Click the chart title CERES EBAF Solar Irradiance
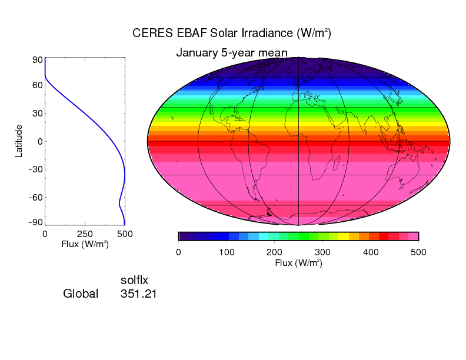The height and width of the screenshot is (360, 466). click(x=232, y=33)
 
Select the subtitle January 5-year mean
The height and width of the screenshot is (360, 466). click(x=232, y=53)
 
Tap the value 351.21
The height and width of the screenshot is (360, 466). click(x=138, y=293)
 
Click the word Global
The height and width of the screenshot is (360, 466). click(x=81, y=293)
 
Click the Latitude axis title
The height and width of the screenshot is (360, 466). click(x=19, y=141)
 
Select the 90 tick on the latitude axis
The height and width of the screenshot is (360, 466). click(x=36, y=59)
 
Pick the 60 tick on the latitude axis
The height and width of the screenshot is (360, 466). click(x=36, y=85)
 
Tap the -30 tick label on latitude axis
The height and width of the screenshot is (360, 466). click(x=34, y=169)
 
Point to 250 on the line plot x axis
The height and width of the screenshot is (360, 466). click(x=85, y=234)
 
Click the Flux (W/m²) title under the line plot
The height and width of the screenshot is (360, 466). click(x=85, y=244)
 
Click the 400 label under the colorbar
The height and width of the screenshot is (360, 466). click(x=370, y=252)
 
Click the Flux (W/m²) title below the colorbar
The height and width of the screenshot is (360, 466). click(x=298, y=263)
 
